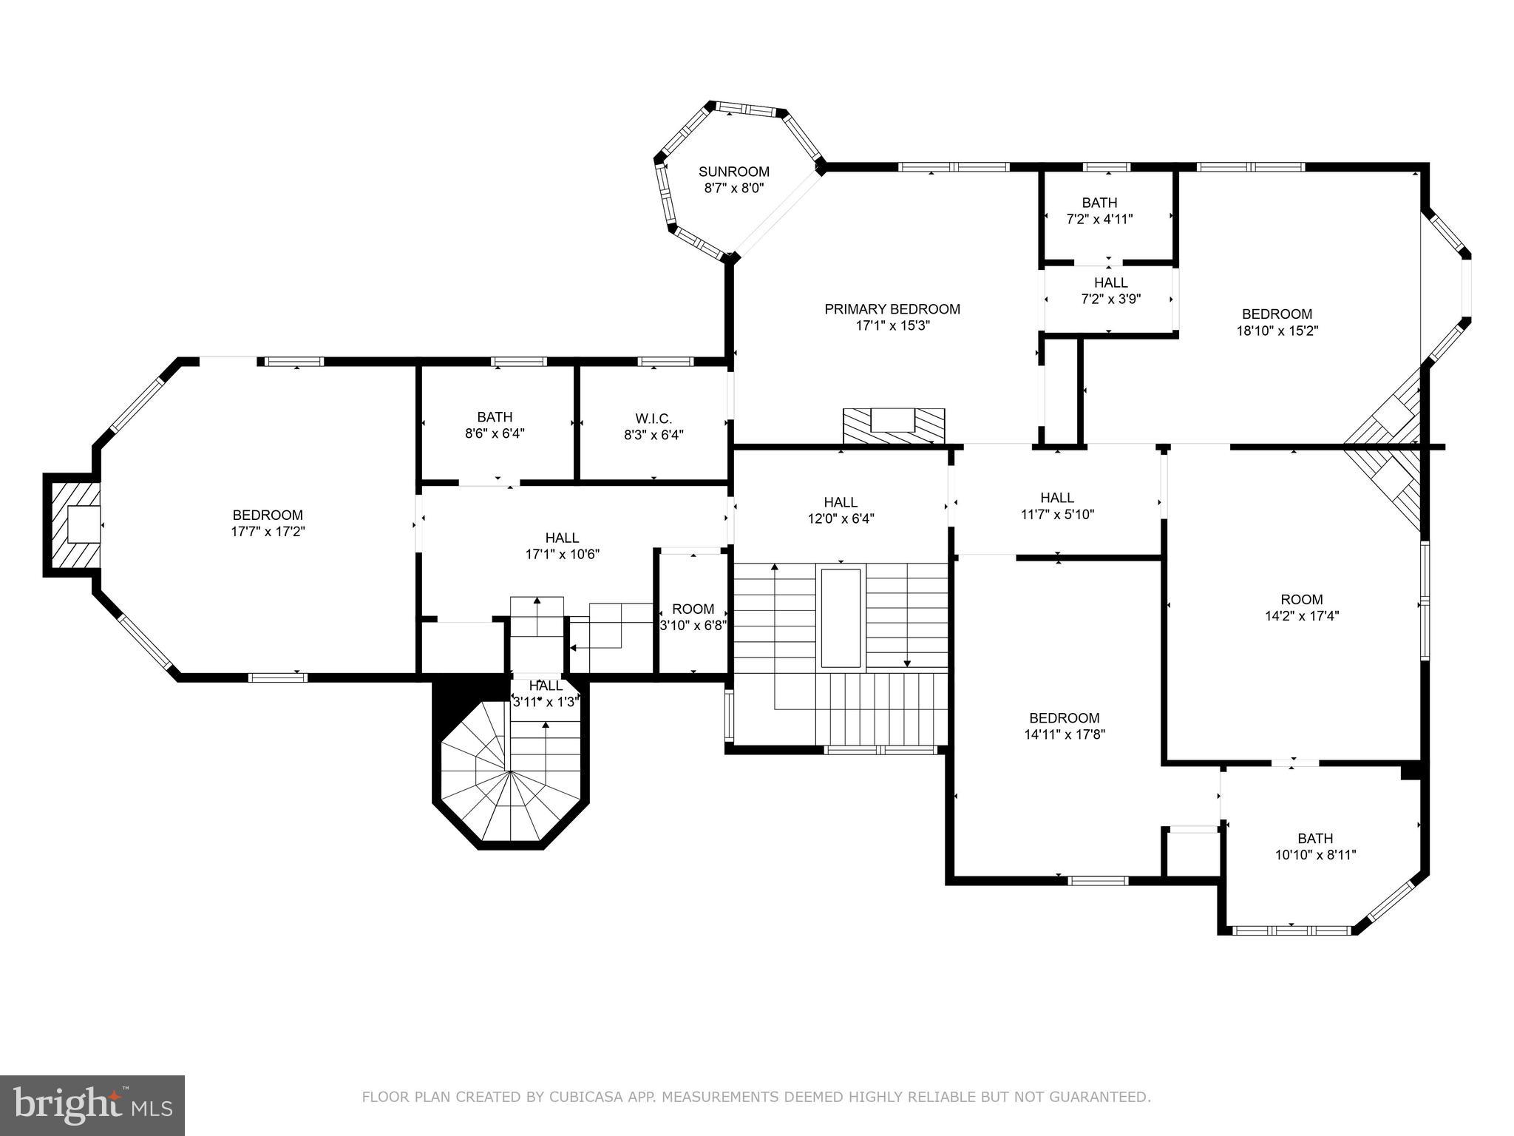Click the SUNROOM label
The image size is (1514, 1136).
click(733, 172)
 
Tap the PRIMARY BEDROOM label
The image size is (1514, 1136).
click(892, 309)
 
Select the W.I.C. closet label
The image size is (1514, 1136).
click(653, 419)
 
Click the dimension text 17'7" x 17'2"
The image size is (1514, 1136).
click(268, 531)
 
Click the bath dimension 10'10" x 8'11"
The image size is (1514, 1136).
click(1315, 855)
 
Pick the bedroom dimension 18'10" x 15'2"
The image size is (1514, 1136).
click(1277, 331)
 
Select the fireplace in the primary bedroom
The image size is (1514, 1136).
click(894, 426)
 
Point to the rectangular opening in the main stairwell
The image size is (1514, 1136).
click(841, 618)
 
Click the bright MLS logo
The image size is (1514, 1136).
click(92, 1105)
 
